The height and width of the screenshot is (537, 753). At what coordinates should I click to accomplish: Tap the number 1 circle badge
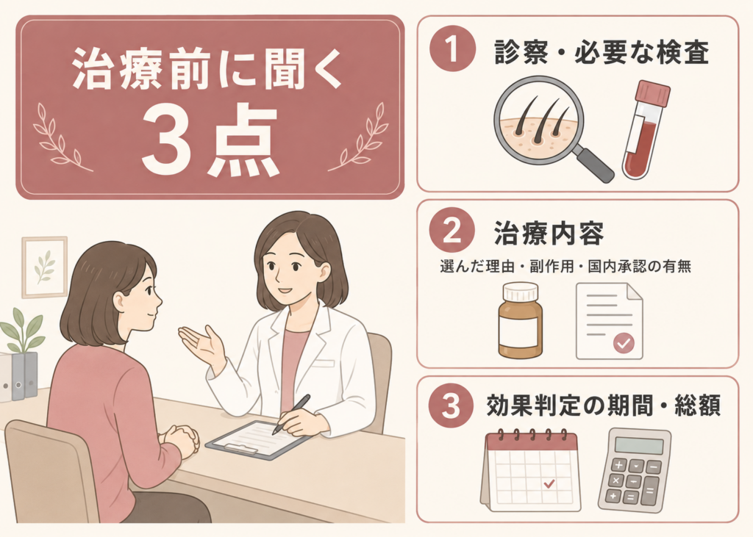[x=452, y=48]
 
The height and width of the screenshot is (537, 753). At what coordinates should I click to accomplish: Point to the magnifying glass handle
[x=593, y=164]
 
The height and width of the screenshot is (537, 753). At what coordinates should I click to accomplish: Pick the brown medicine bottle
[x=520, y=320]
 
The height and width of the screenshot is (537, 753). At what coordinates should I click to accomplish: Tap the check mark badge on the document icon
[x=624, y=343]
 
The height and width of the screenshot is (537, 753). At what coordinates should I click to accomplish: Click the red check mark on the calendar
[x=549, y=483]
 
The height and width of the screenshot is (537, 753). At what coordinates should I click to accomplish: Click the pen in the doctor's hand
[x=291, y=414]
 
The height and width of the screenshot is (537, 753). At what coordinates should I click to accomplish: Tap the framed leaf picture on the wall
[x=45, y=267]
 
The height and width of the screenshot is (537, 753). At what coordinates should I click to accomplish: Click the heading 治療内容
[x=549, y=233]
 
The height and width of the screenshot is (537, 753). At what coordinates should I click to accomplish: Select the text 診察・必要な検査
[x=602, y=52]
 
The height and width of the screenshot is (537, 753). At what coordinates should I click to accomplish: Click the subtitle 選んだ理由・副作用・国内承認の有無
[x=565, y=267]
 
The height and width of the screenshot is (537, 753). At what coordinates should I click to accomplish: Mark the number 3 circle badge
[x=451, y=406]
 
